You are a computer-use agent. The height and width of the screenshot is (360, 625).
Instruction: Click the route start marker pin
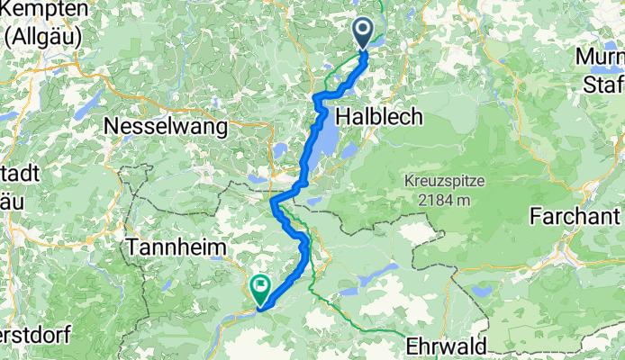pyautogui.click(x=363, y=34)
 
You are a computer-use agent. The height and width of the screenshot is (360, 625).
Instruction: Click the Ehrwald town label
pyautogui.click(x=447, y=346)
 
